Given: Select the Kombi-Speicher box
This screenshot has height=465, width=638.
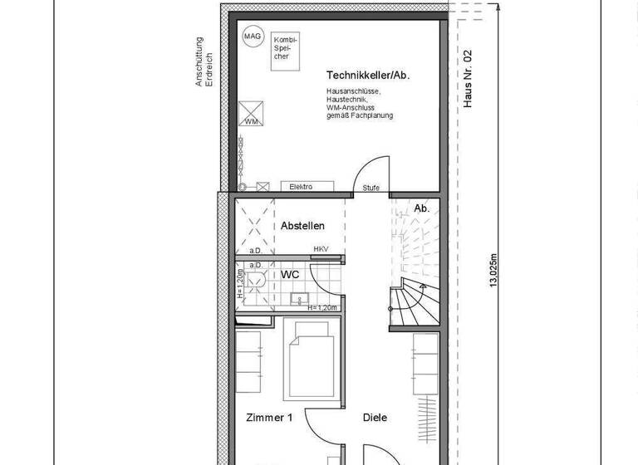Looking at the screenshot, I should pos(284,49).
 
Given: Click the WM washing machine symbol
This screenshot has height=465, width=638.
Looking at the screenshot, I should pos(252,114).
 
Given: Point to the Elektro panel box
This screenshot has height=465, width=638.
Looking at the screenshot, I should pos(302,187).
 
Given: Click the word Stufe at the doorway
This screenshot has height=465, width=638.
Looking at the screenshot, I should pos(371,188).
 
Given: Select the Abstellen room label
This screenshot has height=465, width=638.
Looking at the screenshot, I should pos(302,226).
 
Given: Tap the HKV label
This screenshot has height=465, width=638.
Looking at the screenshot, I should pos(321,249).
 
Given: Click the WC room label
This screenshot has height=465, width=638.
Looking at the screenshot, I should pos(290,273).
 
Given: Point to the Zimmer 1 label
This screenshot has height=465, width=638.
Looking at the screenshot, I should pos(269,418).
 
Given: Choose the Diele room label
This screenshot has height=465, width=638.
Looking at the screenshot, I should pos(375,418).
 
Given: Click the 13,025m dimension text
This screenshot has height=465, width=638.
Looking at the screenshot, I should pos(494,271).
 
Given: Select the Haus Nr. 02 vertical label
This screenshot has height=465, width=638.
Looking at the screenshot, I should pos(468,79).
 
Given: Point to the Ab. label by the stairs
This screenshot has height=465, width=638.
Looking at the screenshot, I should pos(421,208).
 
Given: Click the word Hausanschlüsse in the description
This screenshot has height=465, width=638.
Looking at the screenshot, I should pos(353,91).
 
